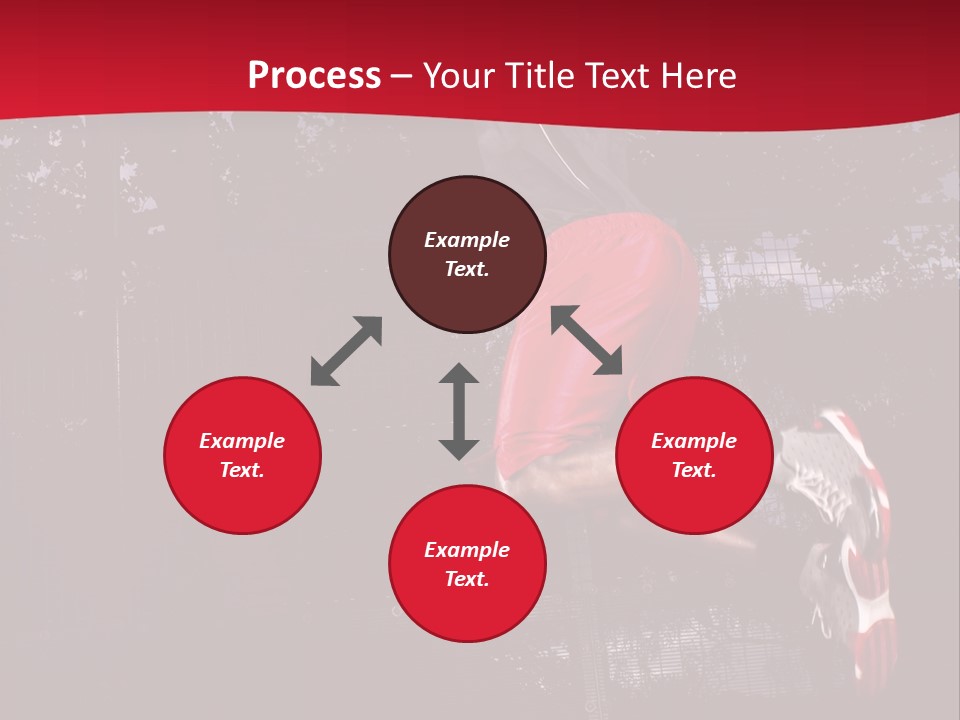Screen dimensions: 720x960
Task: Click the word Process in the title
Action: [314, 76]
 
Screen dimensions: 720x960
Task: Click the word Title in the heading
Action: [540, 76]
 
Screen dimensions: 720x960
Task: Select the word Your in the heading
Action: [459, 76]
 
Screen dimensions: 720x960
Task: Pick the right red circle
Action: [694, 490]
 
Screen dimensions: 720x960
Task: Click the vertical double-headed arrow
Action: [459, 411]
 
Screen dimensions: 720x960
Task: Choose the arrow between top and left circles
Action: [346, 350]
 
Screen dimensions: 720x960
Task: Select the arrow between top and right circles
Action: [586, 340]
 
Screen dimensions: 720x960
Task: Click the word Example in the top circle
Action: [467, 240]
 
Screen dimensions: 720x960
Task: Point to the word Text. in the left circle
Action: [242, 470]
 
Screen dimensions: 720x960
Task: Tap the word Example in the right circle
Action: [694, 441]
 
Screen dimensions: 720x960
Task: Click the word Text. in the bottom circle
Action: [467, 579]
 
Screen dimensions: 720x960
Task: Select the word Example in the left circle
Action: [242, 441]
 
